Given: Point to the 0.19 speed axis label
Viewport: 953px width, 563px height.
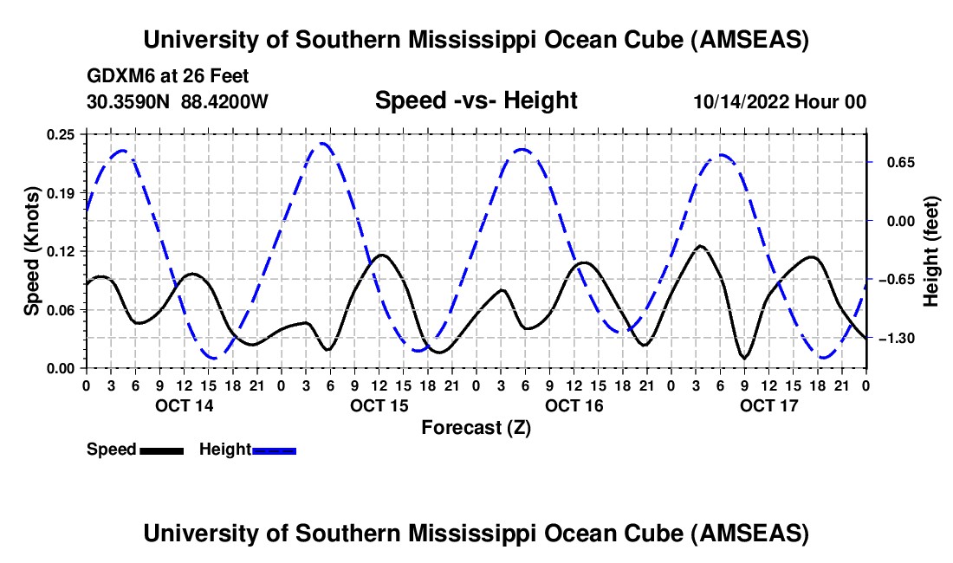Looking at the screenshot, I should click(x=62, y=192).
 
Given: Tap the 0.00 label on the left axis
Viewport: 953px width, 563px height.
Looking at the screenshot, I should click(x=62, y=368).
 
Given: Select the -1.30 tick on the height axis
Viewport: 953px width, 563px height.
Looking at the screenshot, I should click(x=900, y=338).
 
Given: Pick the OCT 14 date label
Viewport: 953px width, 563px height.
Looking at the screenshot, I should click(x=184, y=405).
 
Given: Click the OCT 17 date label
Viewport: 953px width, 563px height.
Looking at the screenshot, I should click(x=768, y=405).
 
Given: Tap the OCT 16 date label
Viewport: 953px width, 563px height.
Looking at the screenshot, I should click(x=574, y=405).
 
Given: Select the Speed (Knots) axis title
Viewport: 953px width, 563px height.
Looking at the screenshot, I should click(x=32, y=251).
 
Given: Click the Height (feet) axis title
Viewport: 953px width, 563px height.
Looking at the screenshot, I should click(x=932, y=251).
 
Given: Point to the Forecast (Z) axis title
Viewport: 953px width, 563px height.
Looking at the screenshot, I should click(x=476, y=427).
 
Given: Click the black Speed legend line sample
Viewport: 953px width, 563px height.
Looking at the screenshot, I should click(x=161, y=450).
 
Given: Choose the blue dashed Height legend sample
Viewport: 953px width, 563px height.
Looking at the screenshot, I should click(x=275, y=450).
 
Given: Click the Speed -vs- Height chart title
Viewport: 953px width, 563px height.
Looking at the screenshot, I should click(x=476, y=101).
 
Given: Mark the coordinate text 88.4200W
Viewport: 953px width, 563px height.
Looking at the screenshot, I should click(x=224, y=101).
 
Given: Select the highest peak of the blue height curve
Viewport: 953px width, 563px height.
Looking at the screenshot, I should click(x=323, y=143).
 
